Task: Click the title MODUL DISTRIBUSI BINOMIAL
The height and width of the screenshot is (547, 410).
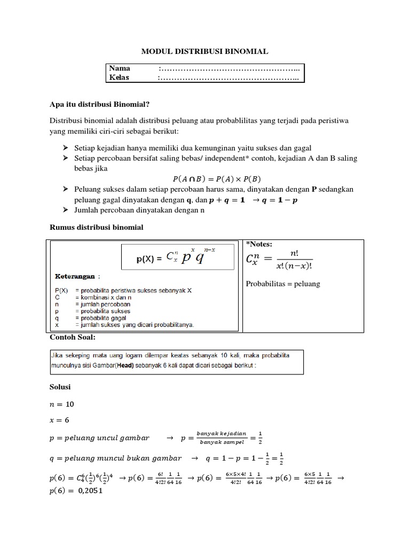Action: [204, 51]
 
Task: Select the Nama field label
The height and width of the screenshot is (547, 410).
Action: [120, 68]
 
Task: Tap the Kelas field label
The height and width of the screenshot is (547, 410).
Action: [120, 77]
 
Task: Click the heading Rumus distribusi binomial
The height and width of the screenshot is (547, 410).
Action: [97, 228]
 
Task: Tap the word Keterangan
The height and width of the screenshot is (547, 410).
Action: [75, 277]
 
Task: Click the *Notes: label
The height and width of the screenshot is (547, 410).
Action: [259, 244]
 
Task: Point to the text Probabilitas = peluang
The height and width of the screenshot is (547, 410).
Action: [282, 284]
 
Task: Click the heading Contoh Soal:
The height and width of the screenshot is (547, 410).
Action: [72, 337]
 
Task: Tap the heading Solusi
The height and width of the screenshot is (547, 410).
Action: [60, 386]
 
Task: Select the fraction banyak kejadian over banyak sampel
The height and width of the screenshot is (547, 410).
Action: [221, 437]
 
